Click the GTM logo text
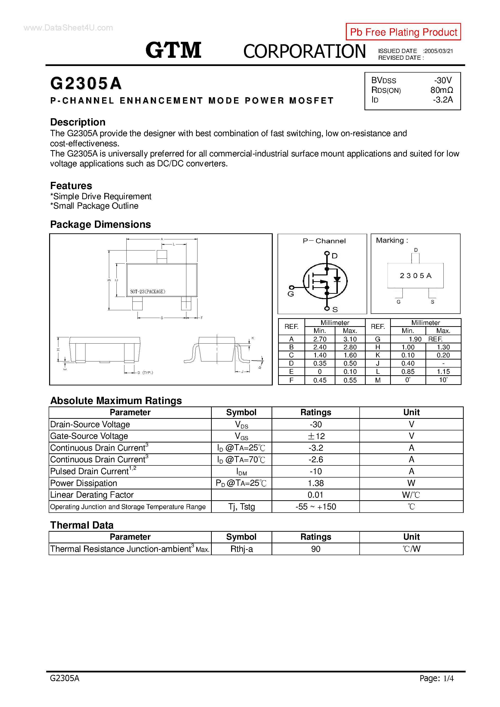173,50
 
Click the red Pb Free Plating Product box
403,32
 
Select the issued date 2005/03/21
438,51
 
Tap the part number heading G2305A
86,83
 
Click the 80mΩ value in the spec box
441,90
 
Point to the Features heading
71,186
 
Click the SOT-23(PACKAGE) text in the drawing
148,291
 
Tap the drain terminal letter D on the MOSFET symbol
334,256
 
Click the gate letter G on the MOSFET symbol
290,294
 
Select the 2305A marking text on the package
415,276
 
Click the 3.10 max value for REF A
350,339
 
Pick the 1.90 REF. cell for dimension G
425,339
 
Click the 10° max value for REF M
443,380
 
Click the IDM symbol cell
241,471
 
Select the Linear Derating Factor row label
92,495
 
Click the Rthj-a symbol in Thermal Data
241,549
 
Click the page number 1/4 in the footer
448,678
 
